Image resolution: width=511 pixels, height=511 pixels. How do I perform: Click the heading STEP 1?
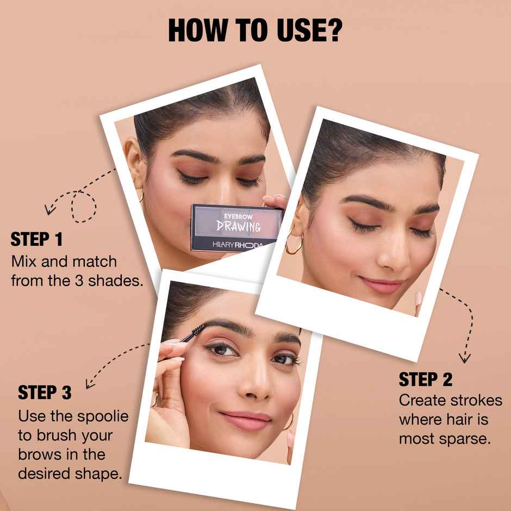(36, 239)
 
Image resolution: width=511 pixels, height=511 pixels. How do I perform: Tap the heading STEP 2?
(426, 379)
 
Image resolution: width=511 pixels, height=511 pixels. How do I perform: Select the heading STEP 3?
(45, 392)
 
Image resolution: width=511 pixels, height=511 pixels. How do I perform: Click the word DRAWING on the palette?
(239, 226)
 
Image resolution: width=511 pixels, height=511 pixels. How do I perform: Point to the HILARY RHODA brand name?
(237, 245)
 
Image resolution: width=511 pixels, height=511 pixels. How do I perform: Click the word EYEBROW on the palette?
(238, 216)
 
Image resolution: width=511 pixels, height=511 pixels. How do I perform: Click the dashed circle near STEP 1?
(84, 207)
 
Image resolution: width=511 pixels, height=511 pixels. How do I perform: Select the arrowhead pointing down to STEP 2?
(464, 358)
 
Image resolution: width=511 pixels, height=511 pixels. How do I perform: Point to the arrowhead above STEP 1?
(49, 209)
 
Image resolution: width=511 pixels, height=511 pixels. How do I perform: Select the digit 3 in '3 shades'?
(79, 281)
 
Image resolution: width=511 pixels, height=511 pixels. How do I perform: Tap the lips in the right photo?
(381, 284)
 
